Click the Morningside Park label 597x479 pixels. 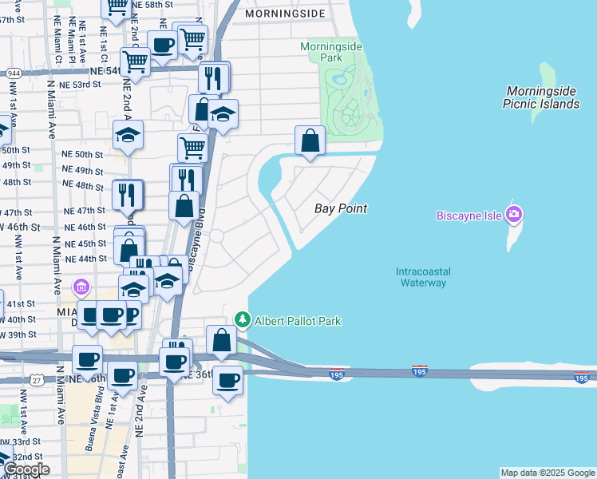click(x=332, y=52)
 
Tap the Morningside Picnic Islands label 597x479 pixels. click(x=541, y=98)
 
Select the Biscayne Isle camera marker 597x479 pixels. click(x=515, y=213)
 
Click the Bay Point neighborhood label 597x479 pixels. click(x=341, y=208)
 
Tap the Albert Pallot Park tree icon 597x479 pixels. click(x=243, y=320)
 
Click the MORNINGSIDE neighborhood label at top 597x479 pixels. click(x=286, y=14)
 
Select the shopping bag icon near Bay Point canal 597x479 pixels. click(x=310, y=141)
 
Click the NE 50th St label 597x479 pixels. click(x=83, y=154)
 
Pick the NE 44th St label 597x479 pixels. click(x=85, y=259)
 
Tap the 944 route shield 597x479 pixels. click(x=13, y=73)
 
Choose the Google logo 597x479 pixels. click(x=26, y=469)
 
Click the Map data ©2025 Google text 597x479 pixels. click(x=547, y=473)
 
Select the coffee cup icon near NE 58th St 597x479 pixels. click(x=162, y=46)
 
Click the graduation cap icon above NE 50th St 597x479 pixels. click(x=127, y=136)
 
